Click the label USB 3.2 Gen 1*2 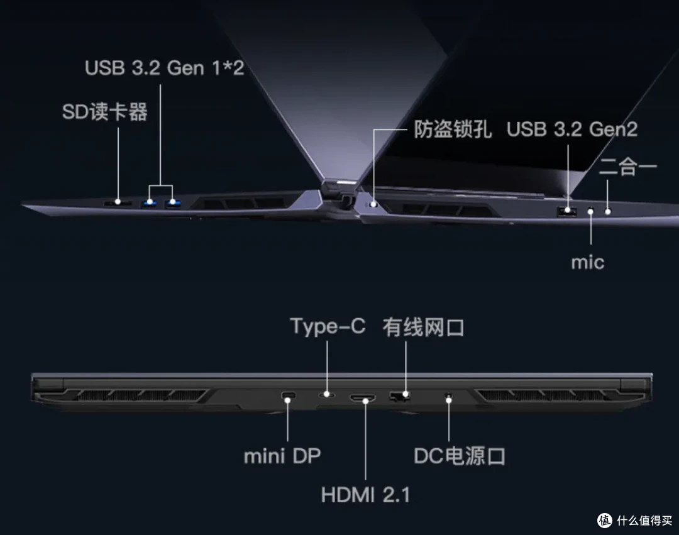point(164,68)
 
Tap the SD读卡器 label point(105,112)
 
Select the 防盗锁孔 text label point(453,129)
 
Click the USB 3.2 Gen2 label point(572,129)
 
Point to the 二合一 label point(628,167)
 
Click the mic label point(588,262)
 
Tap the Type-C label point(328,326)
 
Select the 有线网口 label point(423,328)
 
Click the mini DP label point(282,456)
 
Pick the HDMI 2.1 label point(365,494)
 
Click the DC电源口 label point(460,456)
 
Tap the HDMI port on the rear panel point(363,397)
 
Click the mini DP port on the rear point(288,395)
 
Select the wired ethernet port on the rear point(400,396)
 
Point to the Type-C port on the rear point(327,394)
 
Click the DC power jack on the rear point(449,396)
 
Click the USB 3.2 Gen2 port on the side point(567,212)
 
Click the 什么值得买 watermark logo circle point(605,520)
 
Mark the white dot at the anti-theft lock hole point(374,204)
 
